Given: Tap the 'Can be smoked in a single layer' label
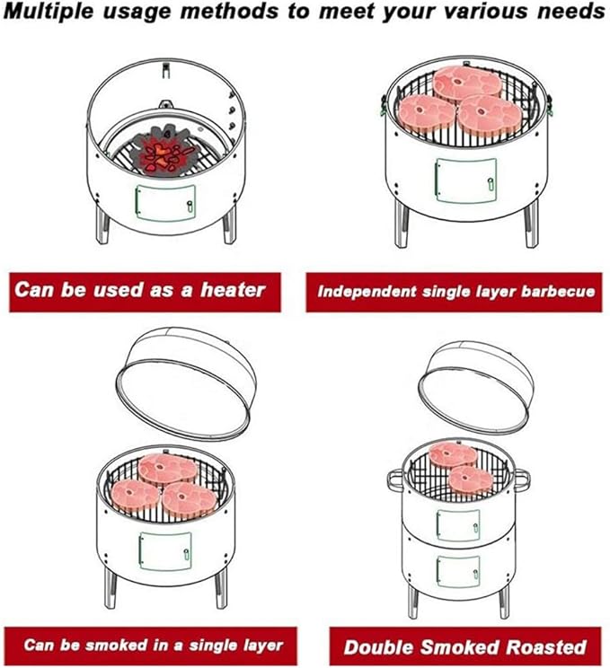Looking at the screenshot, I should click(153, 645).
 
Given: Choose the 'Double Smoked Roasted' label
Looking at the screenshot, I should click(464, 646).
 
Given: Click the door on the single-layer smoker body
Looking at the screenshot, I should click(164, 552).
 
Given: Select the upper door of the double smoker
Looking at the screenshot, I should click(457, 525).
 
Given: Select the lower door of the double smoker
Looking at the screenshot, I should click(457, 569).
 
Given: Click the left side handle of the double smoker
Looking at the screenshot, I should click(394, 478).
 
